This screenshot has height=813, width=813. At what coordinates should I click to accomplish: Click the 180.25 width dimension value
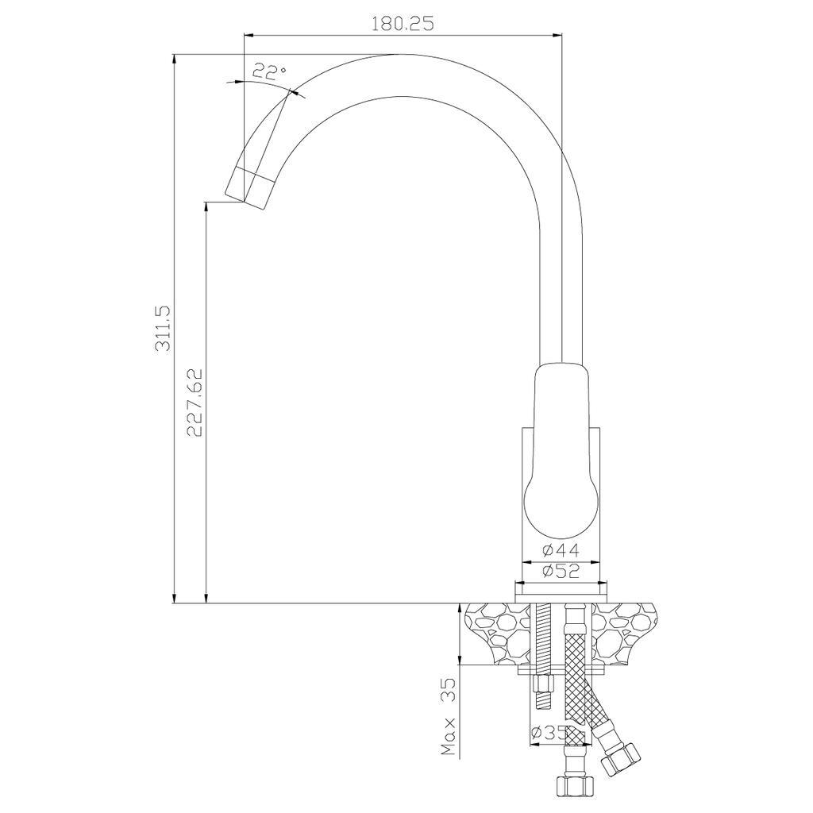(x=403, y=23)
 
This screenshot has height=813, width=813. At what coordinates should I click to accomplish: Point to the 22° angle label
(x=269, y=71)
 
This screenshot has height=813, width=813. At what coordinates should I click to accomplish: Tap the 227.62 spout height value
(x=195, y=403)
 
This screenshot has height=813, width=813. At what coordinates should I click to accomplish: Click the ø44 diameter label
(x=561, y=549)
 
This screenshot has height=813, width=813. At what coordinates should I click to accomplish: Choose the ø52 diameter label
(x=561, y=571)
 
